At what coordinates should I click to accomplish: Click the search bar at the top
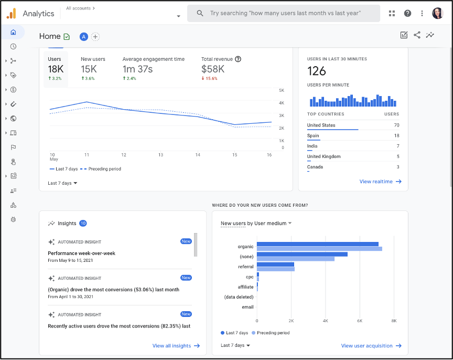[283, 13]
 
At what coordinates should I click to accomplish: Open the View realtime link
[380, 182]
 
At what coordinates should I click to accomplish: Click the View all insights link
[176, 346]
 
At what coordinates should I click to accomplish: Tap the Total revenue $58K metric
[213, 69]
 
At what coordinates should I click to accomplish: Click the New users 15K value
[89, 69]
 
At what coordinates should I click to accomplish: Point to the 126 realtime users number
[317, 71]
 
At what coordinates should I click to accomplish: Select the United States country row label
[321, 125]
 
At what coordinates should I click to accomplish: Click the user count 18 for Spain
[396, 136]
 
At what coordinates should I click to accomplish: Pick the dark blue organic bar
[317, 244]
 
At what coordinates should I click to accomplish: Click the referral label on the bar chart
[245, 267]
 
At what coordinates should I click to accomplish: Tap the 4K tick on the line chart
[281, 103]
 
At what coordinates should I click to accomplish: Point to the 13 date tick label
[160, 155]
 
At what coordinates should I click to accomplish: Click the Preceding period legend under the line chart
[104, 169]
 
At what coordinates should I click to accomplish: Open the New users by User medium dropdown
[256, 224]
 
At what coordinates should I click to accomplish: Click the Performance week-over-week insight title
[81, 253]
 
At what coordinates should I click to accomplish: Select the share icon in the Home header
[417, 35]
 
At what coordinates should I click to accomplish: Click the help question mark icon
[407, 14]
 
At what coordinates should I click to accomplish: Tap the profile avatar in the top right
[437, 14]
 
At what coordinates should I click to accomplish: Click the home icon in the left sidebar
[13, 32]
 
